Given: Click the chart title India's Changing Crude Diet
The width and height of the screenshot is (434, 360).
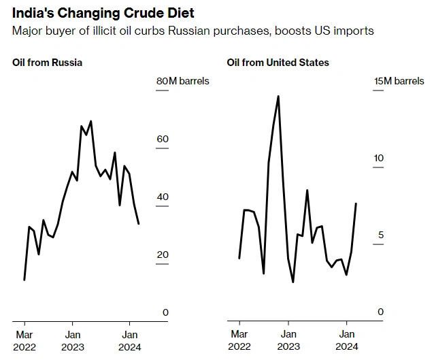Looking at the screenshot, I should point(103,14).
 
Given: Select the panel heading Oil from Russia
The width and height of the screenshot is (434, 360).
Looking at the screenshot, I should point(47,63).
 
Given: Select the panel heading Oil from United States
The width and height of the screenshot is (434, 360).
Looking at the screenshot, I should point(278,63).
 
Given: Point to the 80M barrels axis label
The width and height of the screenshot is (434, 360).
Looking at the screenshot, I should point(183,81).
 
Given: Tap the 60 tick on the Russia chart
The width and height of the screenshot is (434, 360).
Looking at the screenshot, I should point(162,139).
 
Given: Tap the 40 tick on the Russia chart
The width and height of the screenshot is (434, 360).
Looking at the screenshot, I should point(162,197).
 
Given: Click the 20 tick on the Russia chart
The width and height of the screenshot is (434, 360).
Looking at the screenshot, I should point(162,255).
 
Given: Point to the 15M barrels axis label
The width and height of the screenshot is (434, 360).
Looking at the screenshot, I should point(399,81).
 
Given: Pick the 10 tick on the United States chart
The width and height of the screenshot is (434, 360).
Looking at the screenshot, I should point(379,158).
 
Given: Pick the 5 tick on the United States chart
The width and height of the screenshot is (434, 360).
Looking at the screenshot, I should point(381,235).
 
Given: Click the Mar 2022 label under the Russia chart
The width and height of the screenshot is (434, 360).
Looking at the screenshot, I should point(24,340).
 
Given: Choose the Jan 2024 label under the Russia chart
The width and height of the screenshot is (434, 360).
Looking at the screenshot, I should point(129,340).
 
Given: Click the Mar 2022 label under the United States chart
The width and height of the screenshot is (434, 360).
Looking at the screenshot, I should point(239,340).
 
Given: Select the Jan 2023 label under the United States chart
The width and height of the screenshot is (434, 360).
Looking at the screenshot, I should point(288,340).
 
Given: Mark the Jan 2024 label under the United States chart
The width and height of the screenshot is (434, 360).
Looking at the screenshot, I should point(346,340).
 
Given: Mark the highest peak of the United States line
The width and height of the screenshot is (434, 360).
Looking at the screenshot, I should point(278,96).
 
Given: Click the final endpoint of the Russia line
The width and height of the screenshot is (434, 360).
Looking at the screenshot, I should point(139,223).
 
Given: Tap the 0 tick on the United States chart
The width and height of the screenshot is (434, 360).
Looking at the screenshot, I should point(381,312).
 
